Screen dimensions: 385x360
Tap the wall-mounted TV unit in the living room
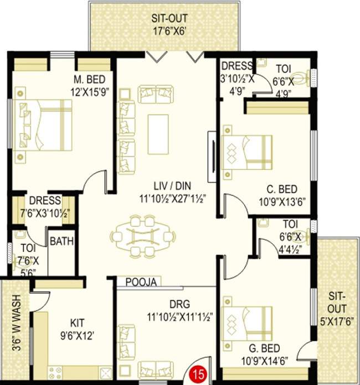coord(211,150)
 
